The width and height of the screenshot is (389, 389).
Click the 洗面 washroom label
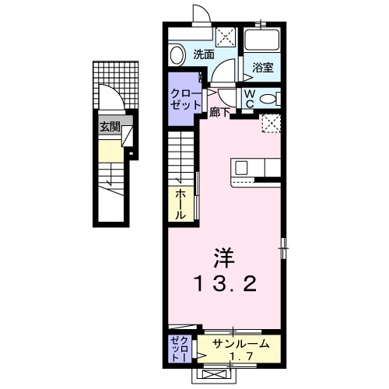(205, 54)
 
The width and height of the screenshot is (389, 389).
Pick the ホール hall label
(180, 204)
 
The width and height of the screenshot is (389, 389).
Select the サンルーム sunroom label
(241, 344)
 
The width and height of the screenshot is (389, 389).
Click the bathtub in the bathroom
(261, 42)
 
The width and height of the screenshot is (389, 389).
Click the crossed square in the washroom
(226, 36)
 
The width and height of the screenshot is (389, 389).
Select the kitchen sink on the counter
(242, 167)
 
